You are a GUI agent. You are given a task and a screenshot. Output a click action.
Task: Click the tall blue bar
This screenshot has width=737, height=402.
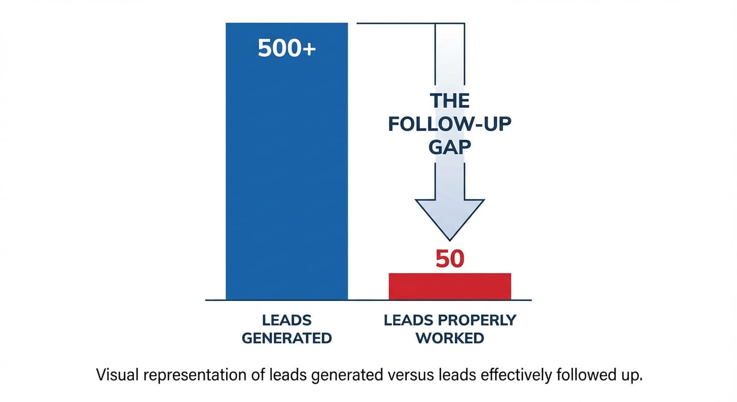coord(286,173)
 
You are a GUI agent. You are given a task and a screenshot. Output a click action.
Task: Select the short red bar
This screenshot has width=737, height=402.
coord(450,286)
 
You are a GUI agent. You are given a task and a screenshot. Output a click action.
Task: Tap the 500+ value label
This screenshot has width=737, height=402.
coord(286,49)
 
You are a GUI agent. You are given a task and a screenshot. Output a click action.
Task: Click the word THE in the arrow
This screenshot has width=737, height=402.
coord(450,100)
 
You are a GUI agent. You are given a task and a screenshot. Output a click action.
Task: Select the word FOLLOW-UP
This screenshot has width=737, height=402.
coord(450,124)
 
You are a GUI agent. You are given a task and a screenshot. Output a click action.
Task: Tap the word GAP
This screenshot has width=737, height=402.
coord(450,148)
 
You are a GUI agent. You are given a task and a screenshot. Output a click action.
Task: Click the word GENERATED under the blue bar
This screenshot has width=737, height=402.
coord(286,338)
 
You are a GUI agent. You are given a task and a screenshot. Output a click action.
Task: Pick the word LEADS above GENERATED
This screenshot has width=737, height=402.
coord(286,320)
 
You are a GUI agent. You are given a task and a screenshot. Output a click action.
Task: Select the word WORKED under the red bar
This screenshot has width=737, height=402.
coord(450,338)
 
